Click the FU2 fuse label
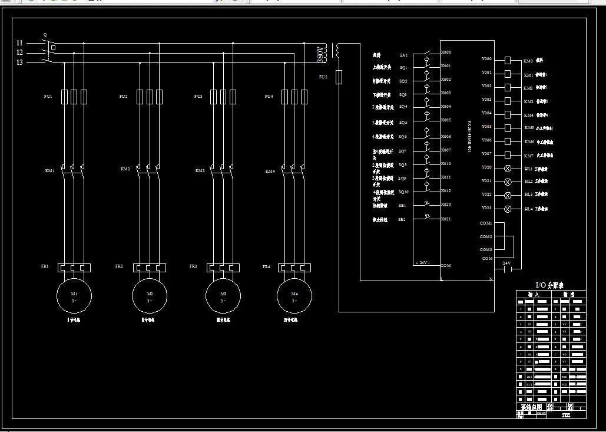[x=123, y=96]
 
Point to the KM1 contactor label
[x=49, y=170]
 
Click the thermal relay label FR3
[x=193, y=266]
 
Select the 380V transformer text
[x=322, y=54]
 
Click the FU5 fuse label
[x=323, y=77]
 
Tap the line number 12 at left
[x=19, y=52]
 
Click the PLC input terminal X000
[x=446, y=52]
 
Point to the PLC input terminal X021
[x=446, y=219]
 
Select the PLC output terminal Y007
[x=486, y=154]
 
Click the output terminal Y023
[x=486, y=207]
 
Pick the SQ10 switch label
[x=403, y=192]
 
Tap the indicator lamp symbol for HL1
[x=508, y=169]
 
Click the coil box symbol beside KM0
[x=508, y=60]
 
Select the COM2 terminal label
[x=485, y=237]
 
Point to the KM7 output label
[x=529, y=156]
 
